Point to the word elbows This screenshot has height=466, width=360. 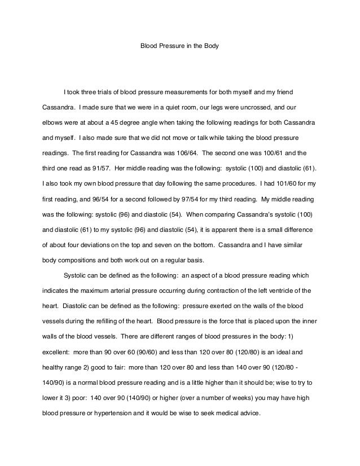[x=54, y=122]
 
